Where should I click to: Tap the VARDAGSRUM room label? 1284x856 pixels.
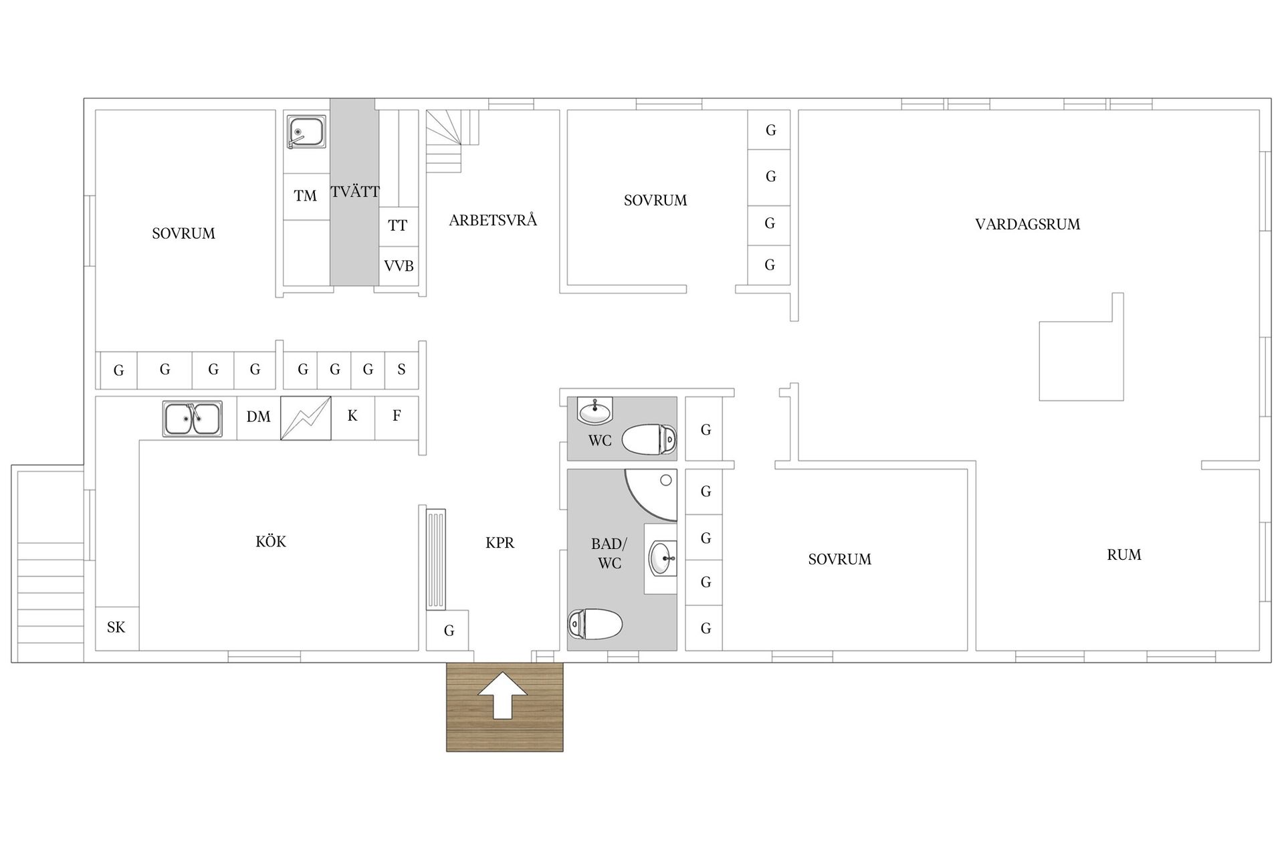[1027, 225]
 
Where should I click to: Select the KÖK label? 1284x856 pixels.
[271, 541]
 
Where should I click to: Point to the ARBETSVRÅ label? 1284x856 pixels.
[493, 220]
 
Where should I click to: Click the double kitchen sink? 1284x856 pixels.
[193, 419]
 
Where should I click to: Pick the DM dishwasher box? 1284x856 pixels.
[258, 417]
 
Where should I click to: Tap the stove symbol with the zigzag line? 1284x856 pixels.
[306, 418]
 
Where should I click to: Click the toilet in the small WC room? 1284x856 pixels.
[649, 440]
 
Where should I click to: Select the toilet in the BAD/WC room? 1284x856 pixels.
[595, 624]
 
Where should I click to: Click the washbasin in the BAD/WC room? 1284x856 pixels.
[662, 558]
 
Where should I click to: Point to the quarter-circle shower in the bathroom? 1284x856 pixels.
[651, 496]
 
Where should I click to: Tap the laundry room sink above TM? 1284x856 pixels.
[306, 132]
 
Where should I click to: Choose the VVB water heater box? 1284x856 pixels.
[399, 266]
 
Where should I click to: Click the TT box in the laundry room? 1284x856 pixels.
[399, 226]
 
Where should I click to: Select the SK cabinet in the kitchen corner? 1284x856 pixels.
[117, 628]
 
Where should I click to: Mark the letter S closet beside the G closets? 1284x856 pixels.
[401, 370]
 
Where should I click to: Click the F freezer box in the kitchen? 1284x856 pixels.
[397, 417]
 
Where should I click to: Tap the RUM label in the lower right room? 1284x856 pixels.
[1124, 555]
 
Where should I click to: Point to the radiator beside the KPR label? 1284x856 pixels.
[436, 559]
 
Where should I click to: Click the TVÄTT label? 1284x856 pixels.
[355, 192]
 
